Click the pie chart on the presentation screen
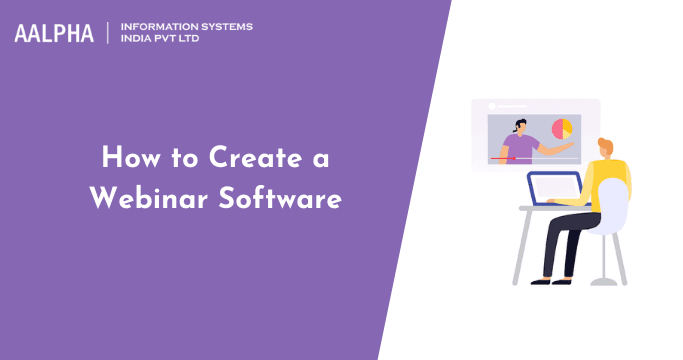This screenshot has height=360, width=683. click(562, 129)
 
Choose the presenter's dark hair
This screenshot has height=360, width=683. click(520, 123)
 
